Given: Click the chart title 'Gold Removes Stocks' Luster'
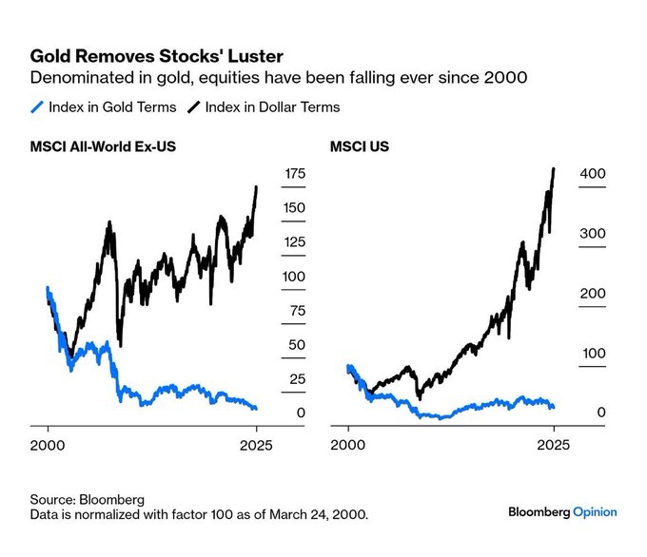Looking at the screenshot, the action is point(156,56).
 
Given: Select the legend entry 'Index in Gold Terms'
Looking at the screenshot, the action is point(112,107).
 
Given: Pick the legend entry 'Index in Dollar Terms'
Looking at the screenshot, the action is point(272,107).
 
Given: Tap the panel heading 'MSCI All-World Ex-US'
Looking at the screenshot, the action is point(103,146).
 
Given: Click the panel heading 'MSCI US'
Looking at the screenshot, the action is point(359,146).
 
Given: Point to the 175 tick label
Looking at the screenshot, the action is point(295,174).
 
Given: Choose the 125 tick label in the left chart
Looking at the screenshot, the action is point(295,241).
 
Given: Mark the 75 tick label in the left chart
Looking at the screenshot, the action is point(298,311).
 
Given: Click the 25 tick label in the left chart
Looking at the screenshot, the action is point(297,379).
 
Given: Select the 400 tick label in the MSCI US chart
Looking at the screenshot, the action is point(593,174).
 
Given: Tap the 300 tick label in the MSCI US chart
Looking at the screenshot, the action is point(593,234).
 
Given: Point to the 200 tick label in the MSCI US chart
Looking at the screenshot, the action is point(593,293).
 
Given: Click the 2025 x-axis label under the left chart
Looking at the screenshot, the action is point(256,445).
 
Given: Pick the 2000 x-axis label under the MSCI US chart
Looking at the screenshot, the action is point(348,445).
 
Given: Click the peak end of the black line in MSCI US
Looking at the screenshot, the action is point(554,168).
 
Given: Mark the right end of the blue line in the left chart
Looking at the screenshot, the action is point(256,408).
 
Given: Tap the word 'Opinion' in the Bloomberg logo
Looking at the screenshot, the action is point(595,512).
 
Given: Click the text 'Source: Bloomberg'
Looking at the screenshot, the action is point(88,499).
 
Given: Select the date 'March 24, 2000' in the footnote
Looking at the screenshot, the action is point(318,514).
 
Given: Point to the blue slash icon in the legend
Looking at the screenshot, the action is point(37,107).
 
